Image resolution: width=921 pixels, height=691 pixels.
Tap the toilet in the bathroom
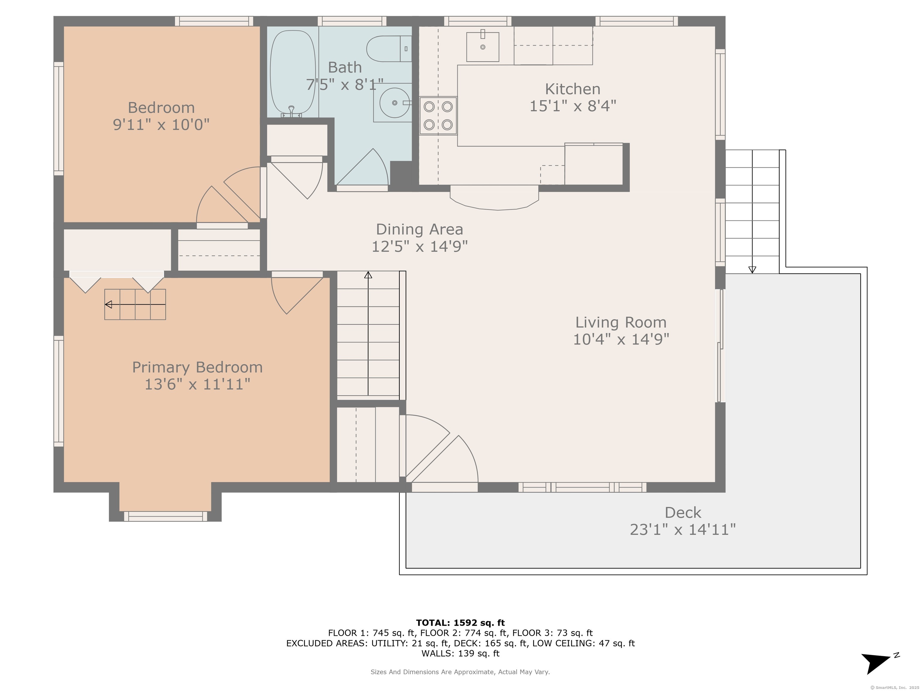(x=389, y=49)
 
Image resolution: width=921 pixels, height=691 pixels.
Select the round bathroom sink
(x=394, y=103)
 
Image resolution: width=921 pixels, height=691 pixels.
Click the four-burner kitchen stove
(x=438, y=116)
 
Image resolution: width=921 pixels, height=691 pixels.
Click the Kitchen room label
(x=573, y=89)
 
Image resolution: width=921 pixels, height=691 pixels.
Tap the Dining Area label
(x=419, y=229)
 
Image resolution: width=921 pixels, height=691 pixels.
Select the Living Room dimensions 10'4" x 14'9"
(x=621, y=340)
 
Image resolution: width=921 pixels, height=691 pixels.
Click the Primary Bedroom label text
(x=197, y=367)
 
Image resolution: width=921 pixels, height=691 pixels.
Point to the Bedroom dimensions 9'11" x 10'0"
(x=161, y=124)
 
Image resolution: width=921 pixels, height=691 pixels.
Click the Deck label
(x=683, y=512)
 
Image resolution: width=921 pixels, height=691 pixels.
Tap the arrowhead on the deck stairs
(x=752, y=270)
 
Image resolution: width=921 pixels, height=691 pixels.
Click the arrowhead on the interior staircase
(x=368, y=275)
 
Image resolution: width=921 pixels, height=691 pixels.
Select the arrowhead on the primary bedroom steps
(x=109, y=304)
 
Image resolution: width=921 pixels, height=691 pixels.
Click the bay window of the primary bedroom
(x=165, y=516)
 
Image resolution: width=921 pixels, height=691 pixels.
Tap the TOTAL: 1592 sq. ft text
(x=460, y=623)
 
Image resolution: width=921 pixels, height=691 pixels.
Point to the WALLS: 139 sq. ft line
(x=460, y=654)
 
